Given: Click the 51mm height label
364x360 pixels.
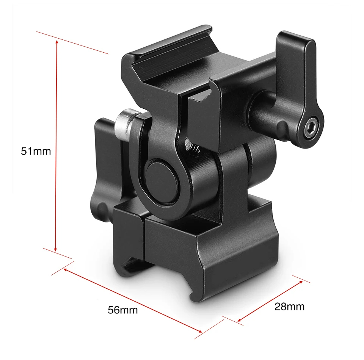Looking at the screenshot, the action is (36, 151).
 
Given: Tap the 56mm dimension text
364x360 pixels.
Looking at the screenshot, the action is (123, 310).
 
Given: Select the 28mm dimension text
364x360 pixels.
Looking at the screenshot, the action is (289, 307).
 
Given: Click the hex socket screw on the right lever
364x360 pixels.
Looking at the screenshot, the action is (311, 127).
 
